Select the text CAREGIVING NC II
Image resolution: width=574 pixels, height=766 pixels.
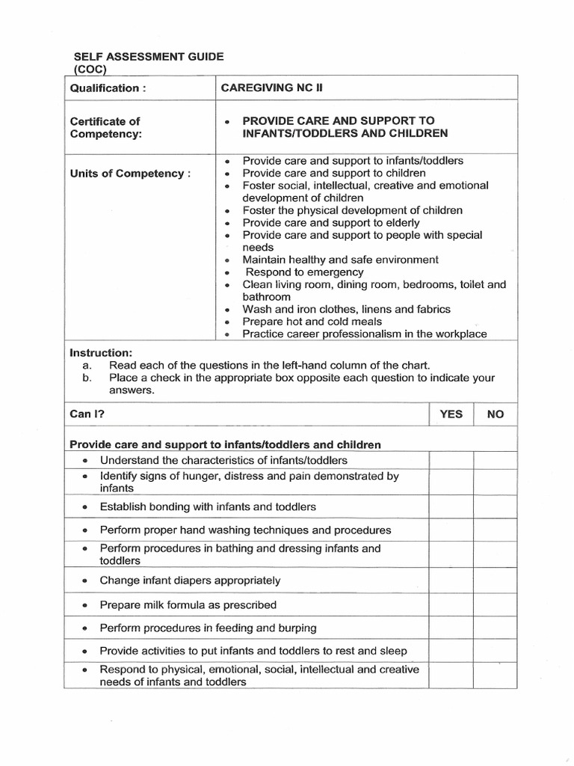click(x=268, y=88)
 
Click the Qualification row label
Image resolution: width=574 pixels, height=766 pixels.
click(x=105, y=88)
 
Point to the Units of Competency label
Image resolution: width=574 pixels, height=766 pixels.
click(x=130, y=174)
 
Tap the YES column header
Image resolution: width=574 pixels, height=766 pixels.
click(x=451, y=414)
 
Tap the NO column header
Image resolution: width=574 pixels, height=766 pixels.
click(x=496, y=414)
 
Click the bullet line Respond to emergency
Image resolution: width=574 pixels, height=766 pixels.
click(x=305, y=272)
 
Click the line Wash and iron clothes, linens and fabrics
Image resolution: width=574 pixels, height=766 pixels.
click(x=347, y=309)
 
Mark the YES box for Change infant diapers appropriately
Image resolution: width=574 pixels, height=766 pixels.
click(x=451, y=580)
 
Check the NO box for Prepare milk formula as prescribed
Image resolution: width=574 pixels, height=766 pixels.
click(x=496, y=604)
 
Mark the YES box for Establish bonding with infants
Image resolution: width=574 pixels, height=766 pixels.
click(x=451, y=506)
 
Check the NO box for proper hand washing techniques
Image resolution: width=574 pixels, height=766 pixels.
click(x=496, y=530)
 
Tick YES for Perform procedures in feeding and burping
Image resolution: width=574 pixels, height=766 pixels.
click(x=451, y=628)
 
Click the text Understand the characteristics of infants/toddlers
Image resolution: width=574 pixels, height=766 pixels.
click(x=223, y=460)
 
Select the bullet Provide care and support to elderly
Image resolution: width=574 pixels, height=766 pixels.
click(x=331, y=223)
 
